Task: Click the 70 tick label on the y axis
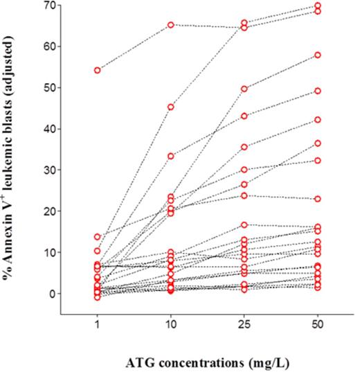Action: (48, 6)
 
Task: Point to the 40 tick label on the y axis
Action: (48, 129)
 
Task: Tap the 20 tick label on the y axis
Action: (48, 211)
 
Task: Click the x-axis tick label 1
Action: (98, 326)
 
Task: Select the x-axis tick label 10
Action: (170, 326)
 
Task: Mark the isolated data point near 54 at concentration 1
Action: (98, 70)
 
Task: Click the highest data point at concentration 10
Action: (170, 25)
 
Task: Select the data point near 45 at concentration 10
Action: (170, 107)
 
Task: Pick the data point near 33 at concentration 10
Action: (170, 156)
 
